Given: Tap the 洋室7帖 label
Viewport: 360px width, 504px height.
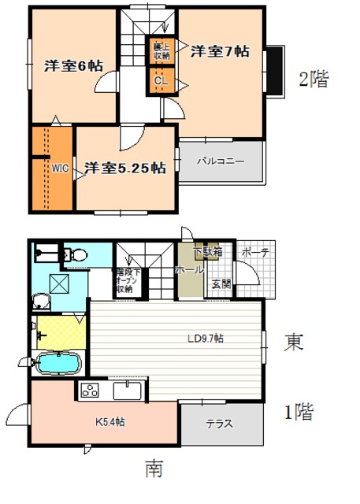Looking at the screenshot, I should pyautogui.click(x=220, y=51).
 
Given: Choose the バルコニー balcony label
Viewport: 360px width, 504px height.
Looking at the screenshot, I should pyautogui.click(x=221, y=161).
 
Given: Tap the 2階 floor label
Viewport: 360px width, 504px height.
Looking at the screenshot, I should pyautogui.click(x=313, y=79).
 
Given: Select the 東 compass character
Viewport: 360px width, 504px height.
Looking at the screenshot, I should pyautogui.click(x=294, y=342).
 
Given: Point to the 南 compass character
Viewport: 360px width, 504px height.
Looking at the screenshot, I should pyautogui.click(x=154, y=469).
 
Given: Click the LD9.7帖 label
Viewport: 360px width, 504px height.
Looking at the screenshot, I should pyautogui.click(x=205, y=339).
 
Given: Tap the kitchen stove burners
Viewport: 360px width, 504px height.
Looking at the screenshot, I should pyautogui.click(x=87, y=390).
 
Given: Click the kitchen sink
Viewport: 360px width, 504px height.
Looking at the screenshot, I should pyautogui.click(x=127, y=390).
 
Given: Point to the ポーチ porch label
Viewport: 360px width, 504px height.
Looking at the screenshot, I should pyautogui.click(x=254, y=252).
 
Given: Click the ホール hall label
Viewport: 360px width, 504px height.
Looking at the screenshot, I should pyautogui.click(x=188, y=269).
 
